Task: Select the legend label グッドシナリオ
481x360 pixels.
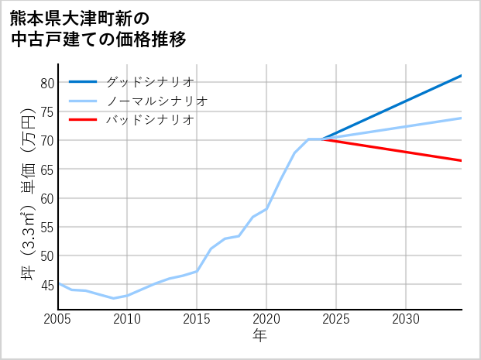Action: click(149, 81)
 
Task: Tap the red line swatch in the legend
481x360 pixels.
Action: click(83, 120)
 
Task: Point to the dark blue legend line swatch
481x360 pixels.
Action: click(83, 81)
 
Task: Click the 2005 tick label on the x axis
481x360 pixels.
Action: click(58, 319)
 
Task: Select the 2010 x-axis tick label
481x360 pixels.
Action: click(127, 319)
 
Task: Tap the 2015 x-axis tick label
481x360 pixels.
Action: click(197, 319)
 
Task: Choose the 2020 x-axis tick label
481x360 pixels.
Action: click(266, 319)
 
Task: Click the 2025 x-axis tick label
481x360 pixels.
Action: click(336, 319)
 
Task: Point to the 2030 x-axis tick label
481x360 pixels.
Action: click(406, 319)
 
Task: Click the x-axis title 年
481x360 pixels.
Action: click(259, 336)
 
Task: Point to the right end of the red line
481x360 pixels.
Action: click(461, 160)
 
